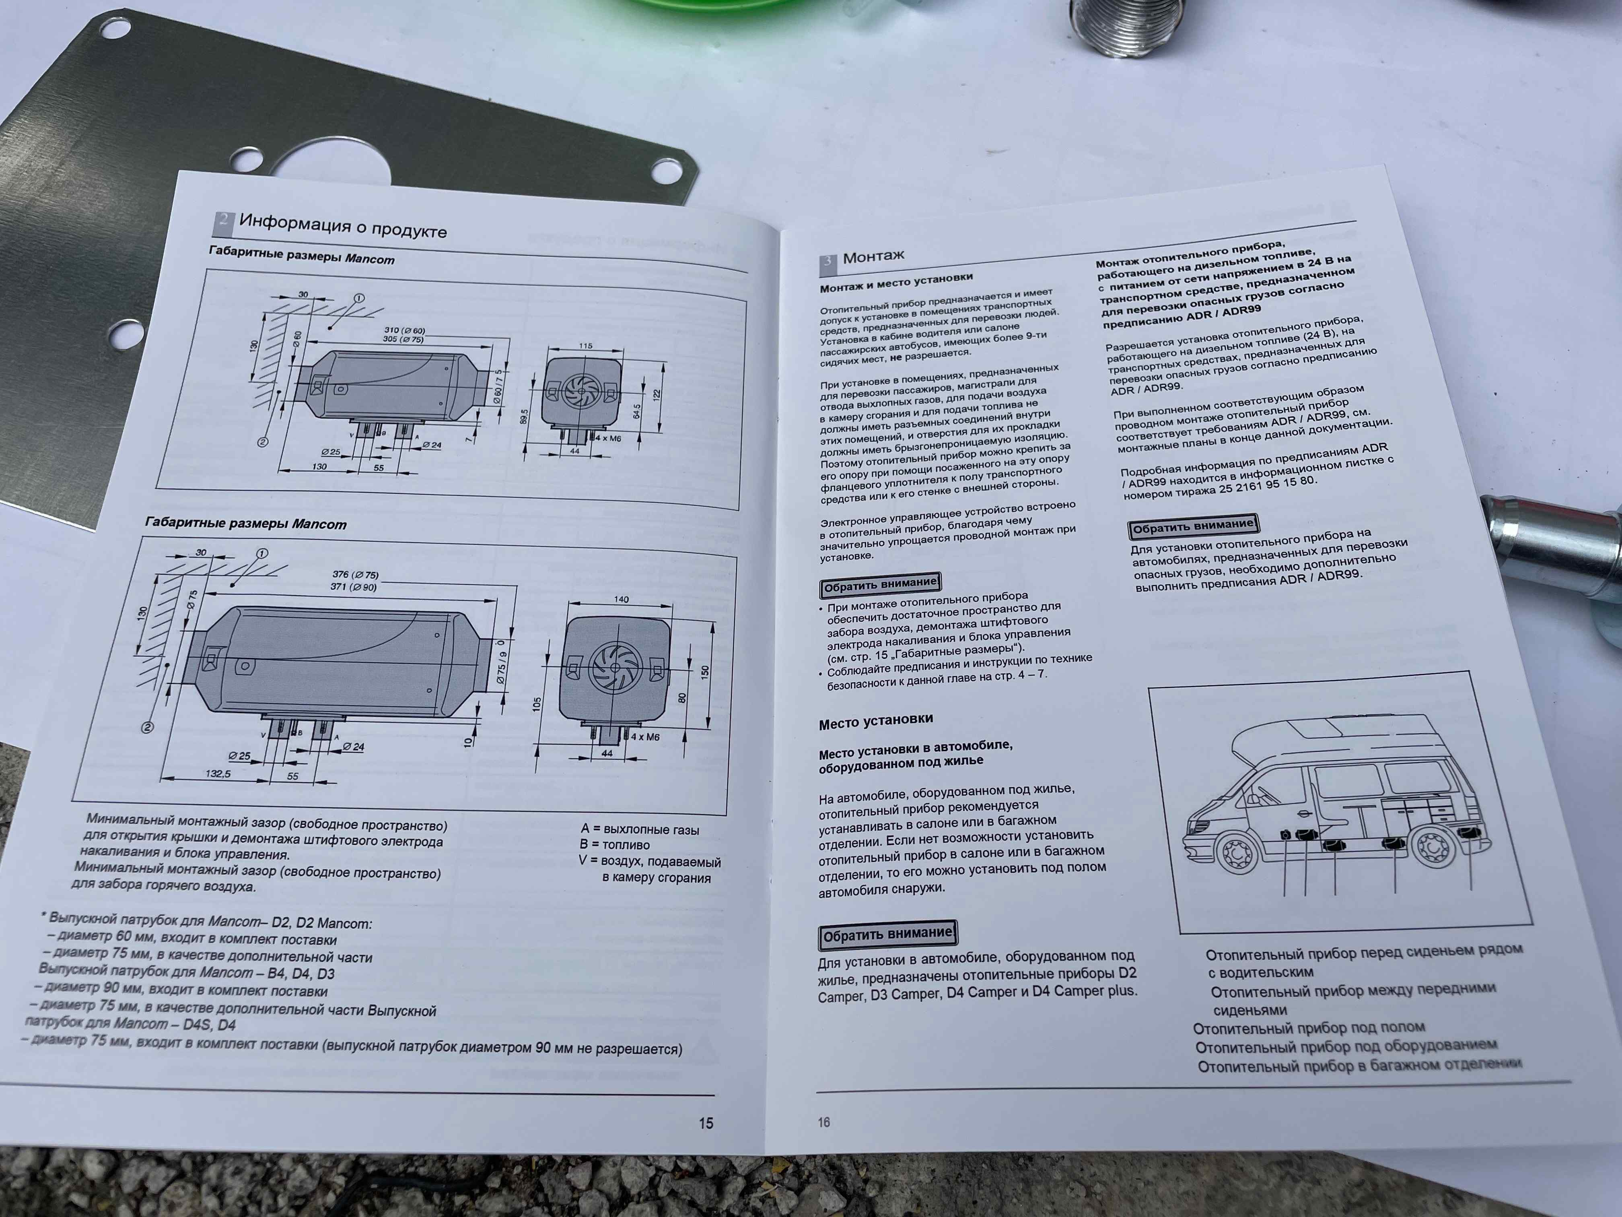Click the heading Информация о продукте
(342, 225)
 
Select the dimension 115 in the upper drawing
(585, 346)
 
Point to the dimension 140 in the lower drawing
(621, 599)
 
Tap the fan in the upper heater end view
(581, 392)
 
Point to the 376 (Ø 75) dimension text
(356, 574)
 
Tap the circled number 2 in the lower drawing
(147, 727)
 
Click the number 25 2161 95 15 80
(1268, 485)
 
